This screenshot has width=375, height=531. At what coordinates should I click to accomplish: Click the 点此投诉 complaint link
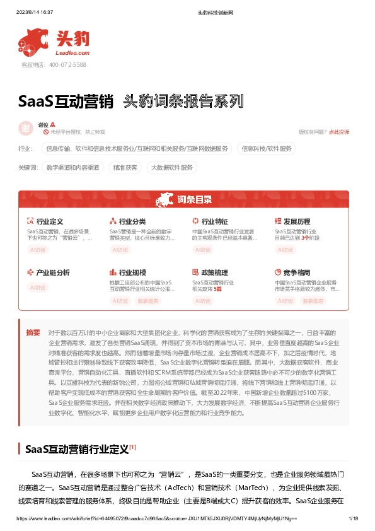pyautogui.click(x=339, y=132)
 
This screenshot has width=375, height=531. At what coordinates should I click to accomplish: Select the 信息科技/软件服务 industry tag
pyautogui.click(x=267, y=149)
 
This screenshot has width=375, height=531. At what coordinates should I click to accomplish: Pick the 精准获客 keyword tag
pyautogui.click(x=125, y=168)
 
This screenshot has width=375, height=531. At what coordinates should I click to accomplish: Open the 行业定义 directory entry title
pyautogui.click(x=50, y=222)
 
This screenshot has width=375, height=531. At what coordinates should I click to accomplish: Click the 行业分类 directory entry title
pyautogui.click(x=132, y=222)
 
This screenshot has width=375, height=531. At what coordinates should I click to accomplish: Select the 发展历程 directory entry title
pyautogui.click(x=297, y=222)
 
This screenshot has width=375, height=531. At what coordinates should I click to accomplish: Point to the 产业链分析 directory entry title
pyautogui.click(x=53, y=272)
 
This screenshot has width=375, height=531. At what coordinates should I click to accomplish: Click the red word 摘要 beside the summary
pyautogui.click(x=33, y=332)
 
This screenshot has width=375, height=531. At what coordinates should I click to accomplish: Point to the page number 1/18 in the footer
pyautogui.click(x=353, y=518)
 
